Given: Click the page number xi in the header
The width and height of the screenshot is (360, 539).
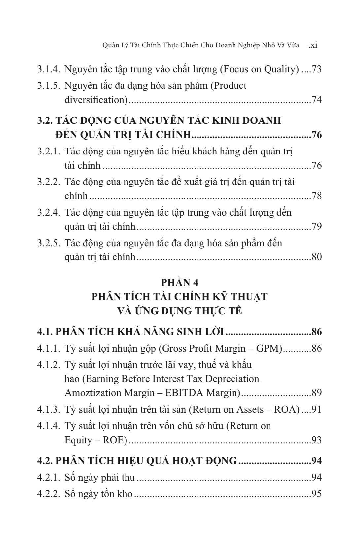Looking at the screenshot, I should click(313, 45).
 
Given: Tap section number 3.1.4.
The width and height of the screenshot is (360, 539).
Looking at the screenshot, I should click(49, 69).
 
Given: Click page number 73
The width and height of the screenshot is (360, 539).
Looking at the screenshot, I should click(317, 69).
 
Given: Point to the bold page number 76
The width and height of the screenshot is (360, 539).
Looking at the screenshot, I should click(317, 135).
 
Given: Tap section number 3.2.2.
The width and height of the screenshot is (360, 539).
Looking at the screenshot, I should click(49, 182).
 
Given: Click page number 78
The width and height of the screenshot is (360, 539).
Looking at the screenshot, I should click(317, 196).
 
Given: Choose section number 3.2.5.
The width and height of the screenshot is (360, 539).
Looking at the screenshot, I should click(49, 243).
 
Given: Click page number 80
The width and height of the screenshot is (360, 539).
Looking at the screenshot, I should click(317, 257).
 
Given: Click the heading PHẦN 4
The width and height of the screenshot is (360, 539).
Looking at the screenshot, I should click(180, 283).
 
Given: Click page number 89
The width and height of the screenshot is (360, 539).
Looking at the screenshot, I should click(317, 393).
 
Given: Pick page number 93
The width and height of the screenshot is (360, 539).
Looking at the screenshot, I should click(317, 440).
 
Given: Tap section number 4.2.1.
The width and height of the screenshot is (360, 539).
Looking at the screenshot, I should click(49, 477).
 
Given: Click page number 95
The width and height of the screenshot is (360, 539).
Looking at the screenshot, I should click(317, 494).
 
